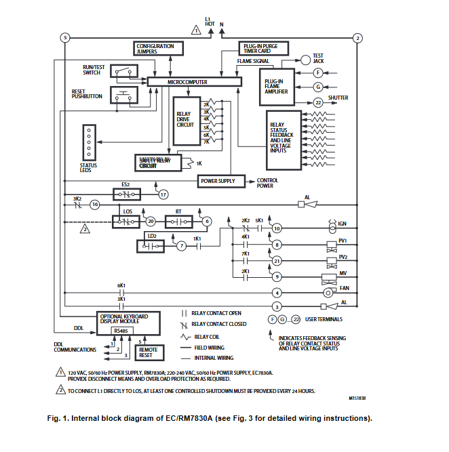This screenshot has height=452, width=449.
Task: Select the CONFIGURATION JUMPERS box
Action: click(x=155, y=48)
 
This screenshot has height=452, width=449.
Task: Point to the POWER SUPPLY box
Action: click(x=218, y=181)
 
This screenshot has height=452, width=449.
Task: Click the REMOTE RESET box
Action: click(x=145, y=351)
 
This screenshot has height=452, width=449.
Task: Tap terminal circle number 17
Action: click(x=163, y=194)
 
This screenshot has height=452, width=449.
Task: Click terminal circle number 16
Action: click(x=95, y=204)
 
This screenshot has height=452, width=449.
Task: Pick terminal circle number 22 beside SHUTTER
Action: click(x=318, y=102)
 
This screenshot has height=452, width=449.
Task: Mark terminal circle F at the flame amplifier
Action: click(x=318, y=73)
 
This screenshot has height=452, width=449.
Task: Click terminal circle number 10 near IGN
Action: click(x=277, y=228)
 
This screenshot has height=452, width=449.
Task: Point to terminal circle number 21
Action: click(x=277, y=260)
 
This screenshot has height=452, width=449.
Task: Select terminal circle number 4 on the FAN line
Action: click(x=277, y=293)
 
